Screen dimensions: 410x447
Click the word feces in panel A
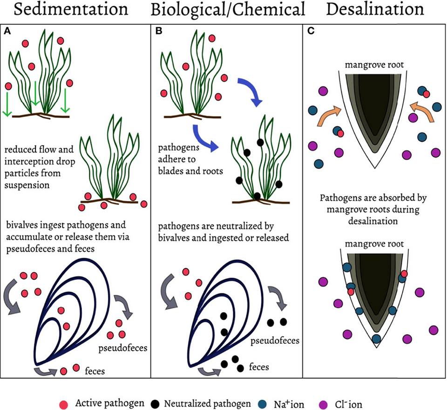coord(95,371)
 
